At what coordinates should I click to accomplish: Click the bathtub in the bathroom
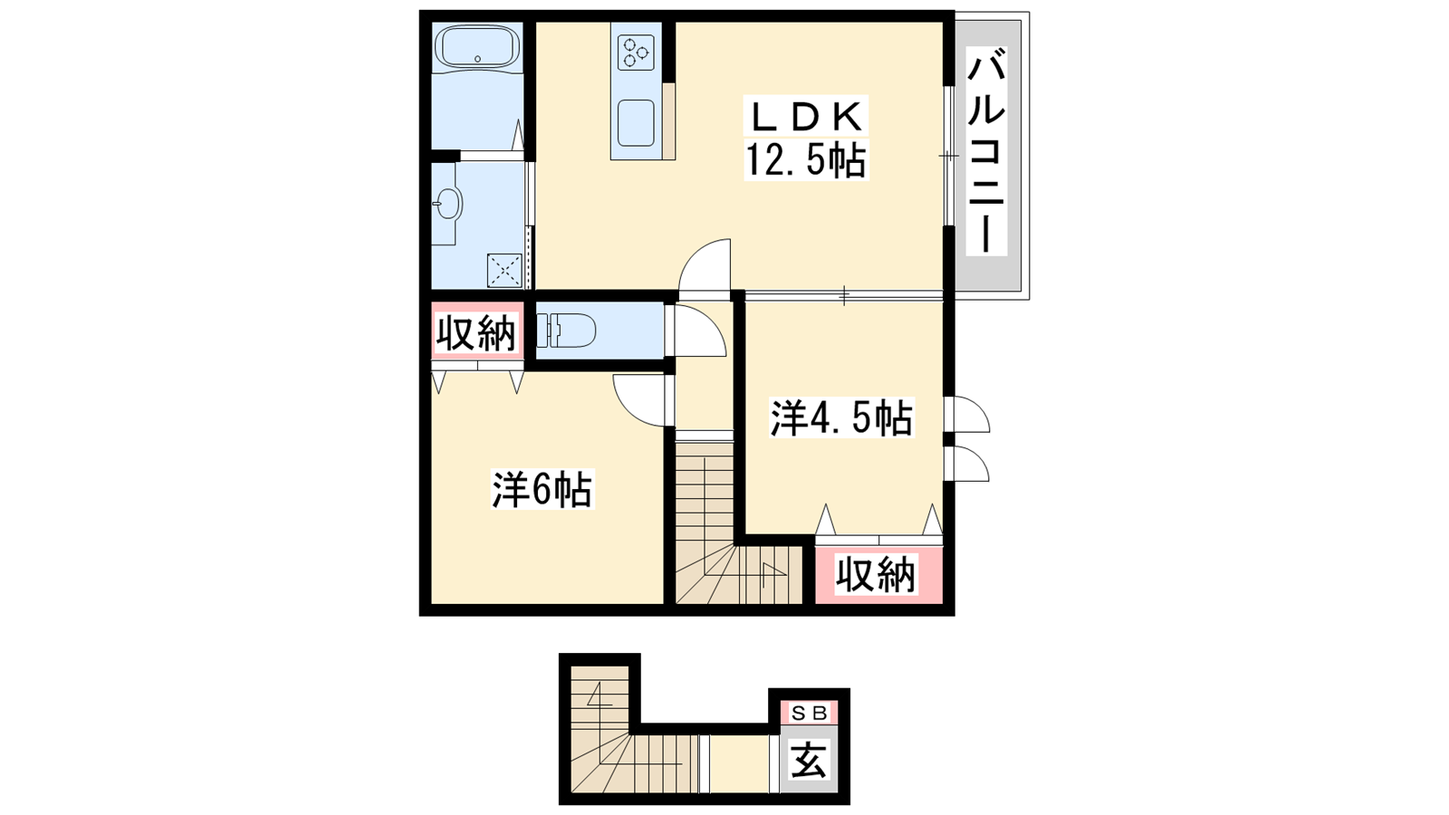pyautogui.click(x=477, y=46)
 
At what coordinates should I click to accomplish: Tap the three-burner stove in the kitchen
pyautogui.click(x=635, y=53)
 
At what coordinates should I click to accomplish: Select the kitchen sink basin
pyautogui.click(x=635, y=123)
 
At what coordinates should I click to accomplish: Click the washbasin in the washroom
pyautogui.click(x=447, y=205)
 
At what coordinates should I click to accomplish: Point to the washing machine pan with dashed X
pyautogui.click(x=504, y=271)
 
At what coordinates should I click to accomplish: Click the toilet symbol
pyautogui.click(x=567, y=331)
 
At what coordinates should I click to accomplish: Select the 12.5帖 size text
pyautogui.click(x=806, y=159)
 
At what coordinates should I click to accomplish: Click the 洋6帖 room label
pyautogui.click(x=542, y=490)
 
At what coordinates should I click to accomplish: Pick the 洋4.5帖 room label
pyautogui.click(x=841, y=418)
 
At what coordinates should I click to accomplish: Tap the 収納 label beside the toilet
pyautogui.click(x=476, y=334)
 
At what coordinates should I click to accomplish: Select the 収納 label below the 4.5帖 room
pyautogui.click(x=877, y=574)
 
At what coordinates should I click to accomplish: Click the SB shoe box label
pyautogui.click(x=810, y=714)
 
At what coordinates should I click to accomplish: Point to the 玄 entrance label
pyautogui.click(x=810, y=761)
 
